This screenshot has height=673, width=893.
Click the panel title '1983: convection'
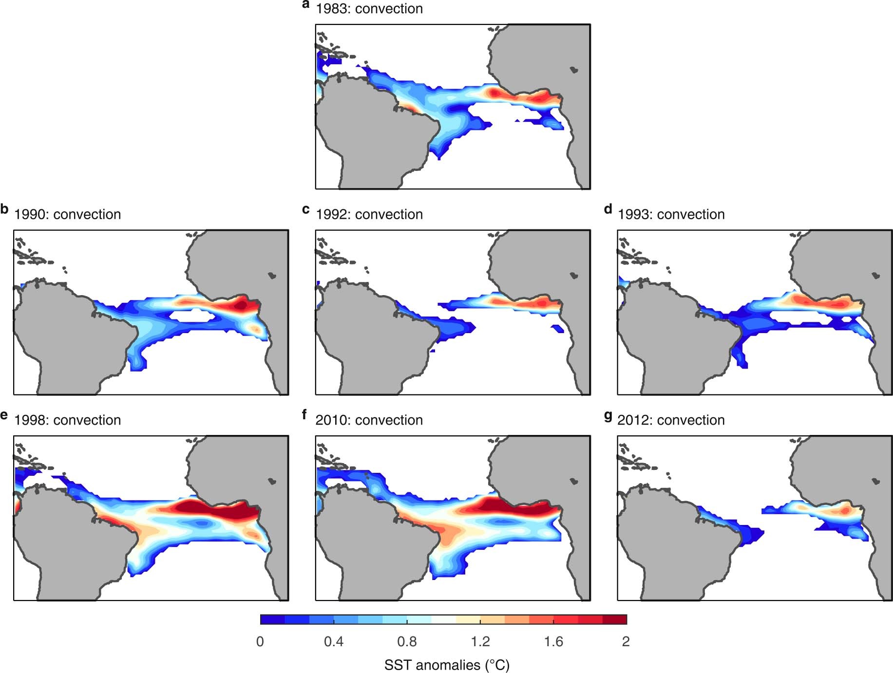[x=369, y=9]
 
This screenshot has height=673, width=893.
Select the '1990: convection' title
[x=67, y=214]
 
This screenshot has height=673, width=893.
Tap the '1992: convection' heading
[x=369, y=214]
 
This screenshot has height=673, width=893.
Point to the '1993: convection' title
[x=671, y=214]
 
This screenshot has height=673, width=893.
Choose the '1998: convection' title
[x=67, y=420]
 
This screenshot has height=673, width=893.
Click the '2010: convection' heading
[x=369, y=420]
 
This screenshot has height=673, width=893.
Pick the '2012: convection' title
[x=671, y=420]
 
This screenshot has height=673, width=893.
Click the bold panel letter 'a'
[x=306, y=5]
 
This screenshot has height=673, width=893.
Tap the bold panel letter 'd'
[x=608, y=209]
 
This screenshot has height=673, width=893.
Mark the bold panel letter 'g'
[x=608, y=416]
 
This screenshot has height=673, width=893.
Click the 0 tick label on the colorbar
[x=260, y=641]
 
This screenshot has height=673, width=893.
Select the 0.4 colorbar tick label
[x=334, y=641]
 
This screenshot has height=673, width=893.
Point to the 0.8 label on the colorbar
[x=407, y=641]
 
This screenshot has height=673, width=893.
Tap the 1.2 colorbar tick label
[x=480, y=641]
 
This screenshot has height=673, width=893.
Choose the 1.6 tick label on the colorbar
[x=553, y=641]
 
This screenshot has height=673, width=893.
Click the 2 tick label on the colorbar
[x=626, y=641]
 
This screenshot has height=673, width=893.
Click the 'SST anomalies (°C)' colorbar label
[x=447, y=665]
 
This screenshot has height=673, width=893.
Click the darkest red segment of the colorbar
[x=614, y=619]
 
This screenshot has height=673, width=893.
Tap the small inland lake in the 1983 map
[x=574, y=70]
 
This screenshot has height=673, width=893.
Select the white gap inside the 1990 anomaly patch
[x=192, y=316]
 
